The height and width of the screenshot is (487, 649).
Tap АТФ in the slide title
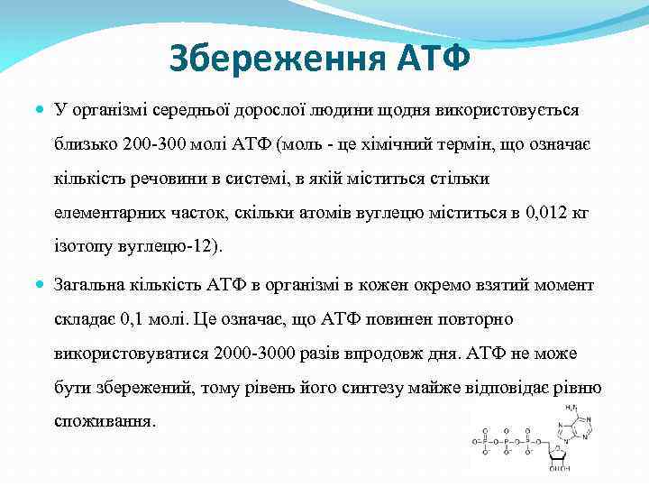pyautogui.click(x=434, y=60)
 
